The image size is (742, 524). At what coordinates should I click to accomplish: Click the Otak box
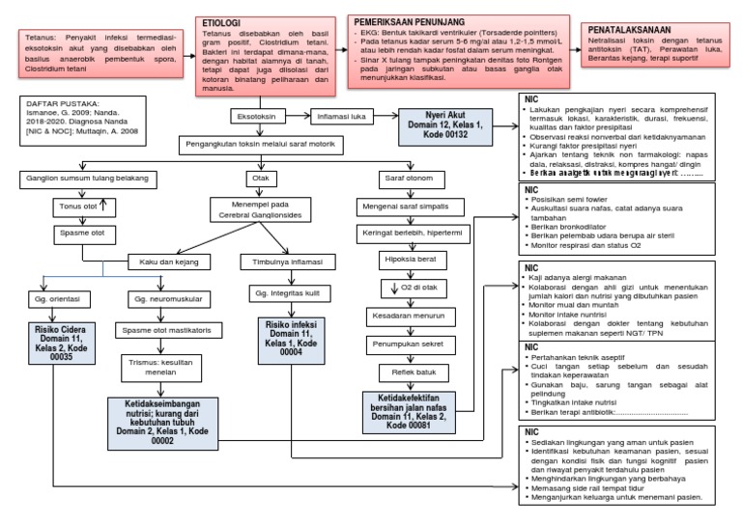[x=260, y=179]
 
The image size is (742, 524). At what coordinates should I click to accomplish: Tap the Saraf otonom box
[x=403, y=179]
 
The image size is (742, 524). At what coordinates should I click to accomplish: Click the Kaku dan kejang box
[x=164, y=261]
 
